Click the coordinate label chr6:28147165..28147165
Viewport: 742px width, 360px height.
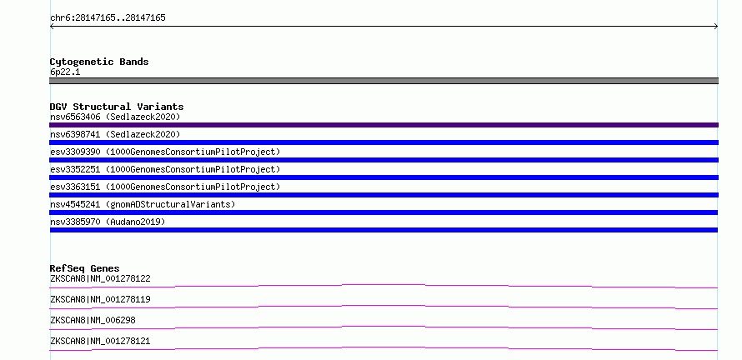(108, 18)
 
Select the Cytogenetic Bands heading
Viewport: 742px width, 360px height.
(99, 62)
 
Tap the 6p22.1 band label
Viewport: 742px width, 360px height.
(65, 72)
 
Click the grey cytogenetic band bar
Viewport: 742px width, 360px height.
(384, 81)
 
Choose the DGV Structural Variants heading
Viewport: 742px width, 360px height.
(117, 107)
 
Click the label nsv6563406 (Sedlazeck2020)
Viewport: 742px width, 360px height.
(115, 117)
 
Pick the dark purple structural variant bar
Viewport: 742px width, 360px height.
(384, 125)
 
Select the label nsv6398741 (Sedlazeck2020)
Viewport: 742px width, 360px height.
(115, 134)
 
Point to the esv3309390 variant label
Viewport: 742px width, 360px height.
(165, 152)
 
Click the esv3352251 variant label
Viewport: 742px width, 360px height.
(165, 169)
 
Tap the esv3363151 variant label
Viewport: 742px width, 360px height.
(165, 187)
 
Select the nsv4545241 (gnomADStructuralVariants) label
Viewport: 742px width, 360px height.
(143, 204)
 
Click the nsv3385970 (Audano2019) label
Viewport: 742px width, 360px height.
(108, 222)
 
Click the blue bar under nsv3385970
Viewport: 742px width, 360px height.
(384, 230)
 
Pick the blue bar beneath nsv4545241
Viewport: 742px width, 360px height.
(384, 212)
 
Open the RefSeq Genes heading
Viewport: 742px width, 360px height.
(85, 268)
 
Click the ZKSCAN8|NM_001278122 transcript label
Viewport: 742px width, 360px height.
(100, 278)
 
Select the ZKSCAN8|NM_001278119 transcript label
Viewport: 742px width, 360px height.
(100, 299)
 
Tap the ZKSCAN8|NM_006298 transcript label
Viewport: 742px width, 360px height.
(93, 320)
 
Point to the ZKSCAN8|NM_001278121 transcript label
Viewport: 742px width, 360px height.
(100, 341)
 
